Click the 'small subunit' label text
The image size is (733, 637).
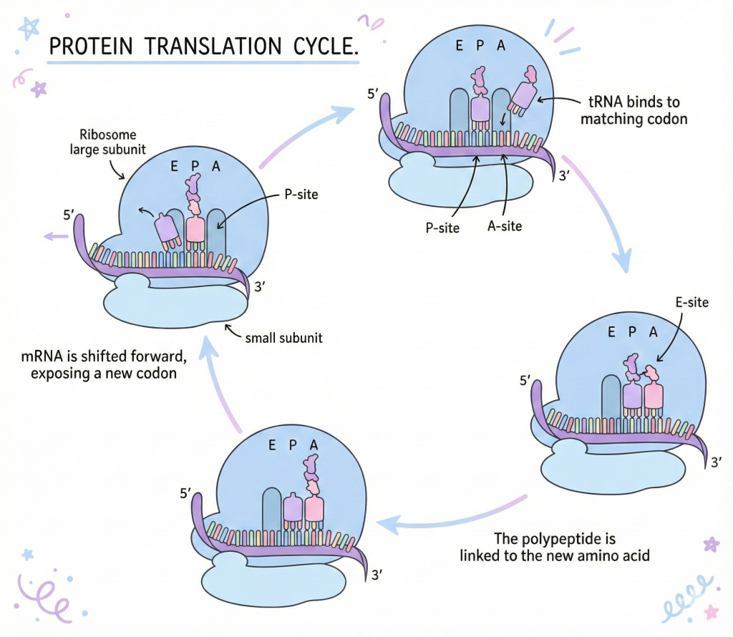[x=283, y=337]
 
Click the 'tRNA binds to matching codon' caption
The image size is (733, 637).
[x=633, y=111]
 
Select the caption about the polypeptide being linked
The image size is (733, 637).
[x=555, y=546]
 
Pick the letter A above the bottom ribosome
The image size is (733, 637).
[x=314, y=444]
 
